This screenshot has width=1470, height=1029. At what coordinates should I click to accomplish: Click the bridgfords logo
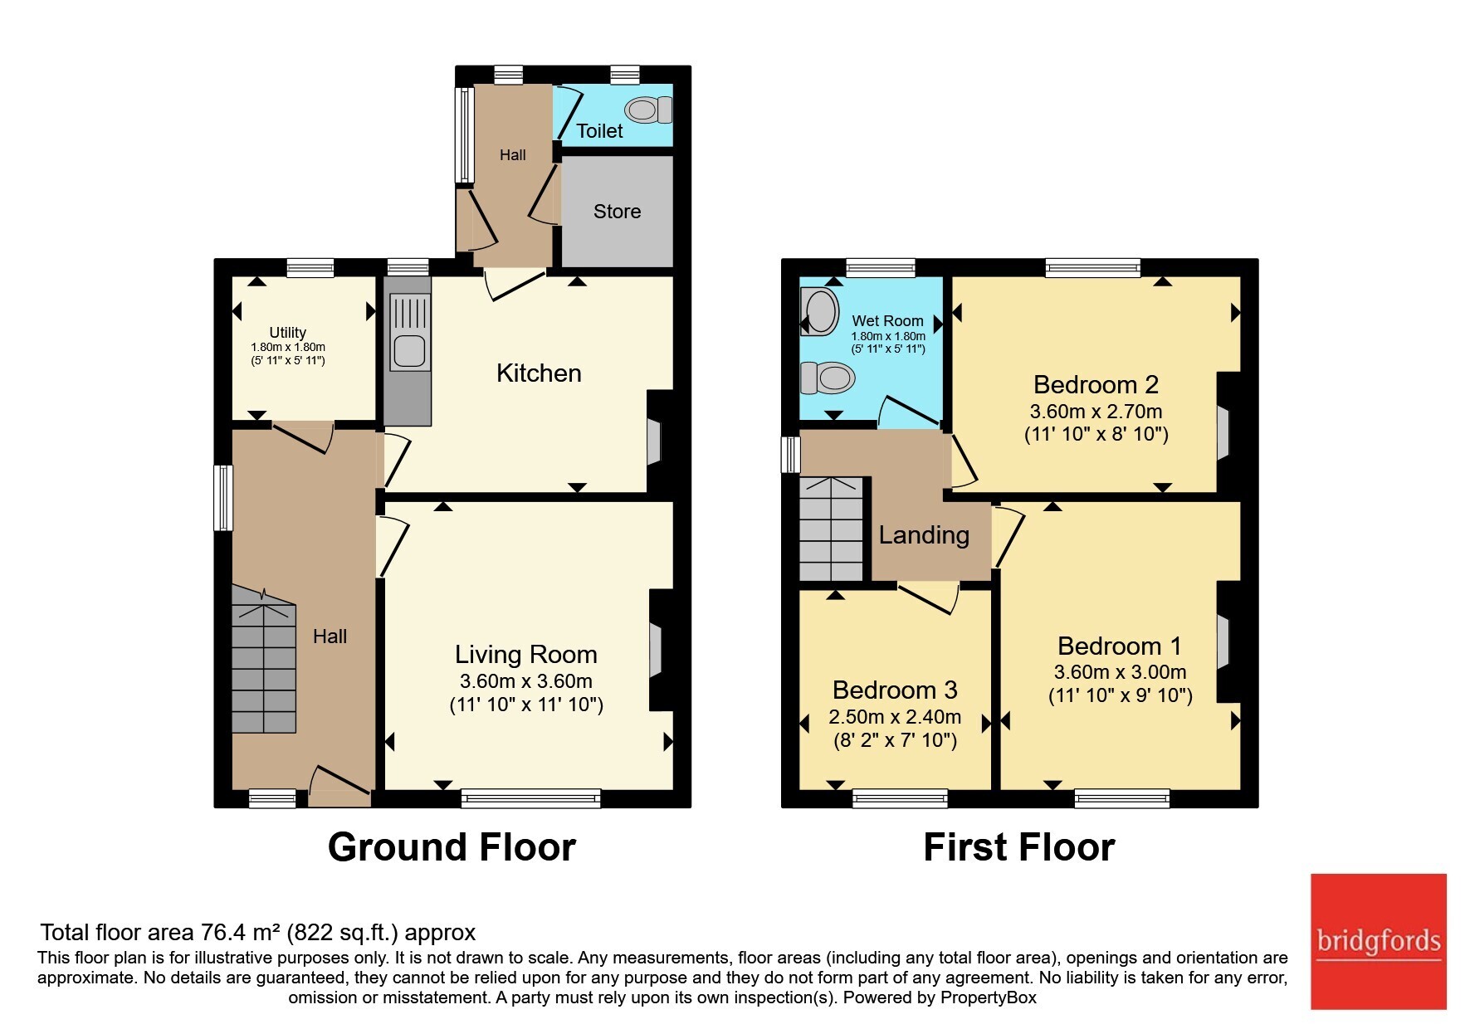coord(1378,941)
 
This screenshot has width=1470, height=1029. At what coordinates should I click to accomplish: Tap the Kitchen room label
coord(539,373)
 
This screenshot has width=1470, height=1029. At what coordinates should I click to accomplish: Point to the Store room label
coord(617,212)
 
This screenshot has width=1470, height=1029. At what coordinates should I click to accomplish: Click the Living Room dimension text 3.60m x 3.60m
coord(526,681)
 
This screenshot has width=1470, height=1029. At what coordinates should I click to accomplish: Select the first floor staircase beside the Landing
coord(832,529)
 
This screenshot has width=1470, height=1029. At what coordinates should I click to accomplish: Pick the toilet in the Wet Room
coord(827,378)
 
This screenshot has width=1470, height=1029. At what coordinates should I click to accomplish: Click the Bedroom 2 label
coord(1096,385)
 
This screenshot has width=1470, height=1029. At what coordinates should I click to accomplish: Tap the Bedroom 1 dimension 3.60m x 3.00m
coord(1120,672)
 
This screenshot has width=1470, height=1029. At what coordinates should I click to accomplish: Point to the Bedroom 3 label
coord(895,690)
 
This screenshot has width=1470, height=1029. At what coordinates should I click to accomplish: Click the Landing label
coord(924,536)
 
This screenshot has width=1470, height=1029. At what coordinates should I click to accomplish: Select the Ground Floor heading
coord(452,847)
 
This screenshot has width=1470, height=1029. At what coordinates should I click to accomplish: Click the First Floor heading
coord(1019,847)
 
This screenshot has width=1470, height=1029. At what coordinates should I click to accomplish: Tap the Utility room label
coord(288,332)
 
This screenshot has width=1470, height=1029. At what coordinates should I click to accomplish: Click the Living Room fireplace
coord(657,650)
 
